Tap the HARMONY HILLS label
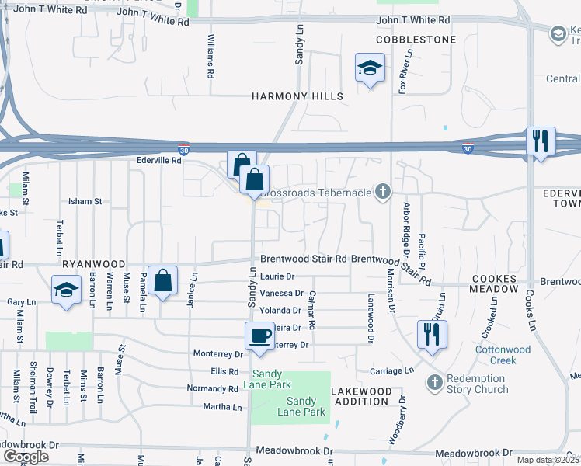click(x=297, y=96)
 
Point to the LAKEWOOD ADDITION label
click(x=360, y=396)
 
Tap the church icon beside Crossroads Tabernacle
click(x=381, y=191)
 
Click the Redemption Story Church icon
click(x=434, y=382)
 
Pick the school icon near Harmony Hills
click(x=371, y=68)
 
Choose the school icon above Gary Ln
click(x=66, y=290)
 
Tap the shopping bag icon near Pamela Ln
click(x=163, y=280)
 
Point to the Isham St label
click(x=85, y=201)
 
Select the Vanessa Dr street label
click(x=282, y=293)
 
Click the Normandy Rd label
click(x=213, y=388)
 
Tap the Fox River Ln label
click(x=402, y=72)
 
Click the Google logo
click(x=26, y=457)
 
